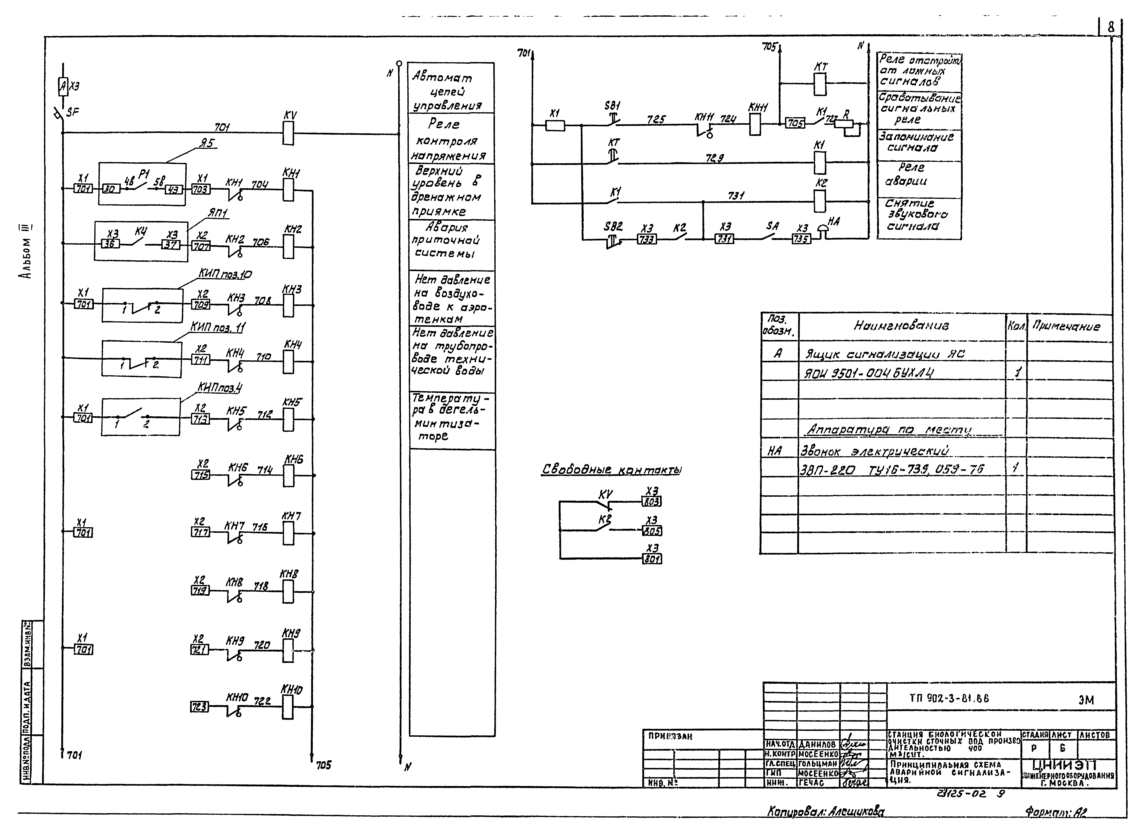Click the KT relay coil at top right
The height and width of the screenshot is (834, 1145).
820,84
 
